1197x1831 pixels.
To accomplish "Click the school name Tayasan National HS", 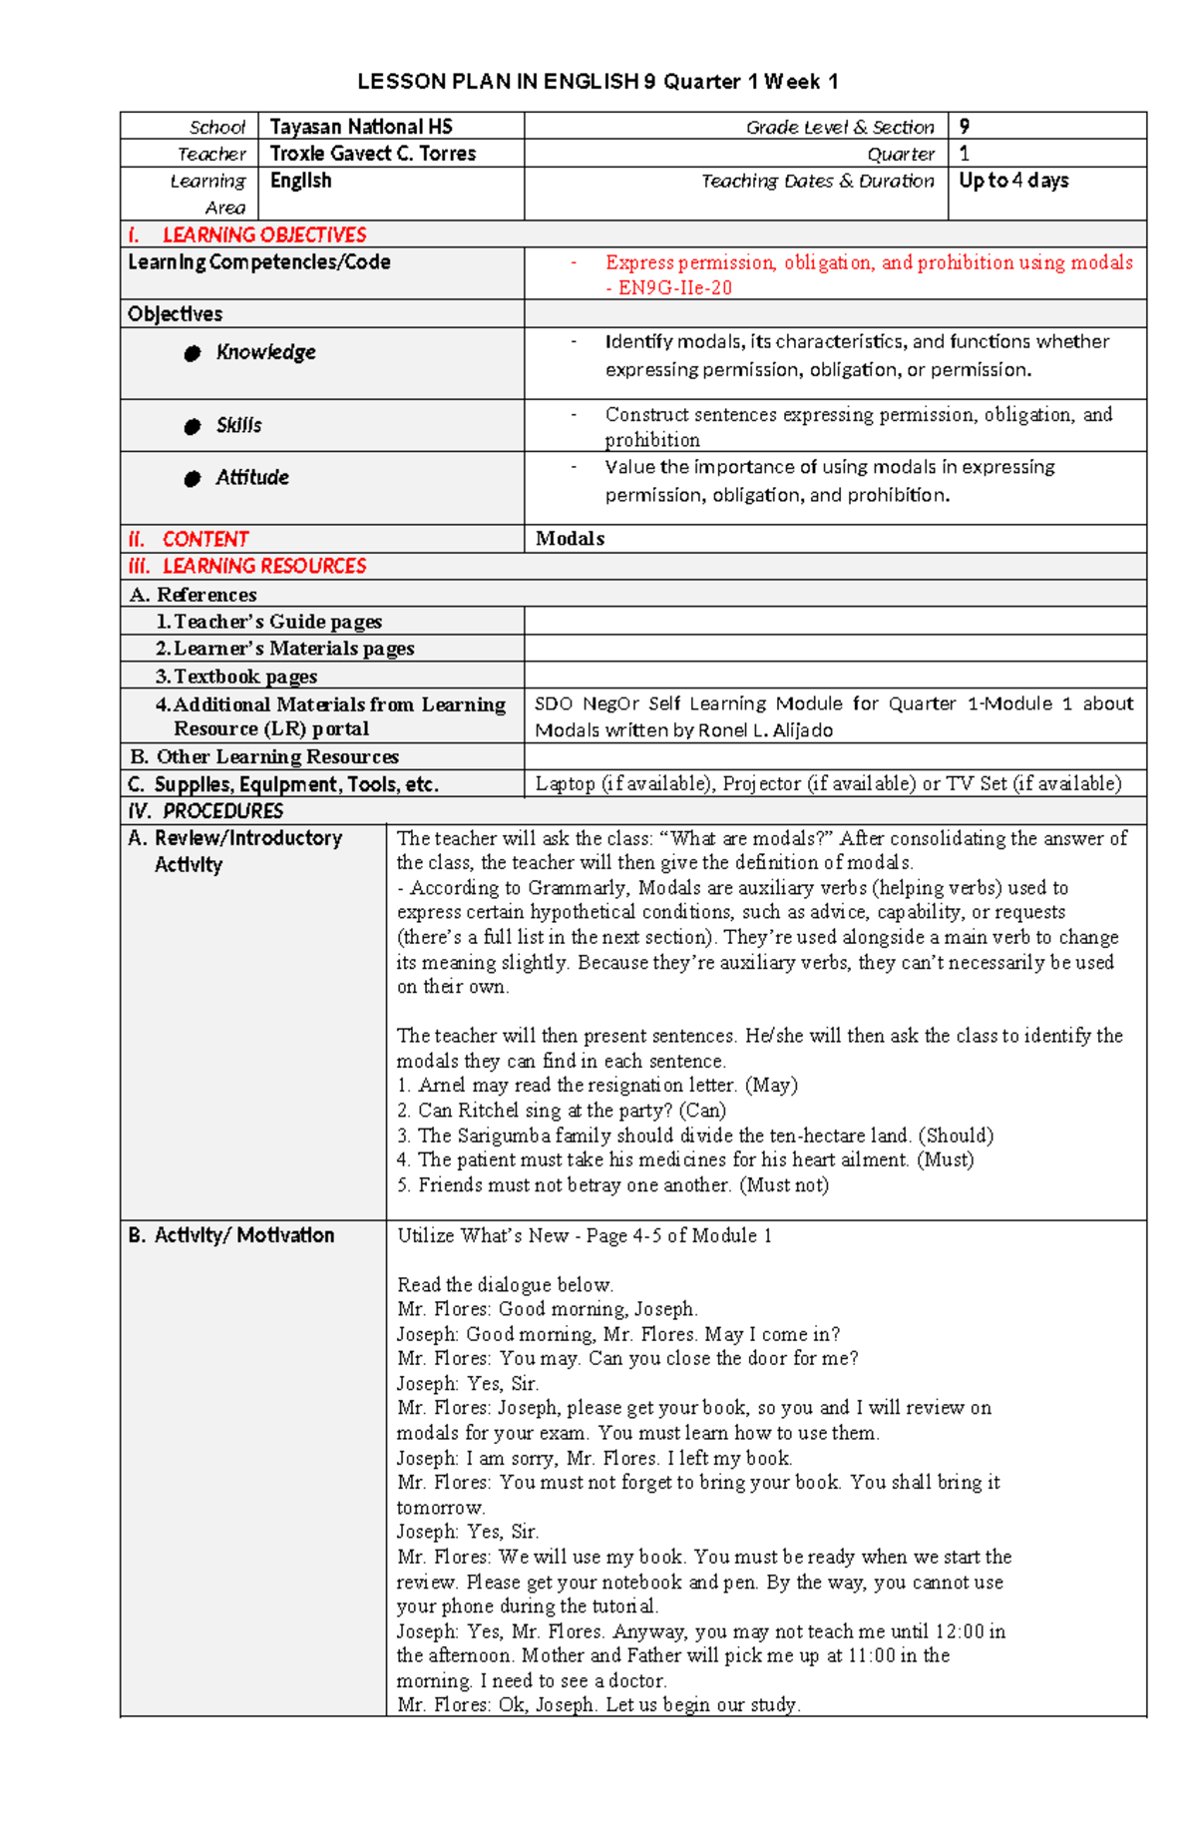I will coord(361,127).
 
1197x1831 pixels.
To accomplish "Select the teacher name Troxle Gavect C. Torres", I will coord(372,154).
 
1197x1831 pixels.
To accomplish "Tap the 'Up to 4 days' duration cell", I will coord(1013,181).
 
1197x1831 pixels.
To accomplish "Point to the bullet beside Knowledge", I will coord(193,353).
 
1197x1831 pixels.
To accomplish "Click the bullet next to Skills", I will coord(193,427).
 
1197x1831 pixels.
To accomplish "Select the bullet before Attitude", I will coord(193,479).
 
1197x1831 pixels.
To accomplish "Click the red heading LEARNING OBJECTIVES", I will coord(264,235).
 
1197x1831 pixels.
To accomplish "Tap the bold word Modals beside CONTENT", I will coord(570,539).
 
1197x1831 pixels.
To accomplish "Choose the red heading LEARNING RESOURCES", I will coord(264,567).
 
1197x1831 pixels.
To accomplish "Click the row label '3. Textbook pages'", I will coord(236,677).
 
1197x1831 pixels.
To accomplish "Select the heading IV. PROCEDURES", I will coord(206,811).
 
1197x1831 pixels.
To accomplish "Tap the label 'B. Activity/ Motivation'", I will coord(231,1235).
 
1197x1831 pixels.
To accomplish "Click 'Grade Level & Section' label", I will coord(840,128).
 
